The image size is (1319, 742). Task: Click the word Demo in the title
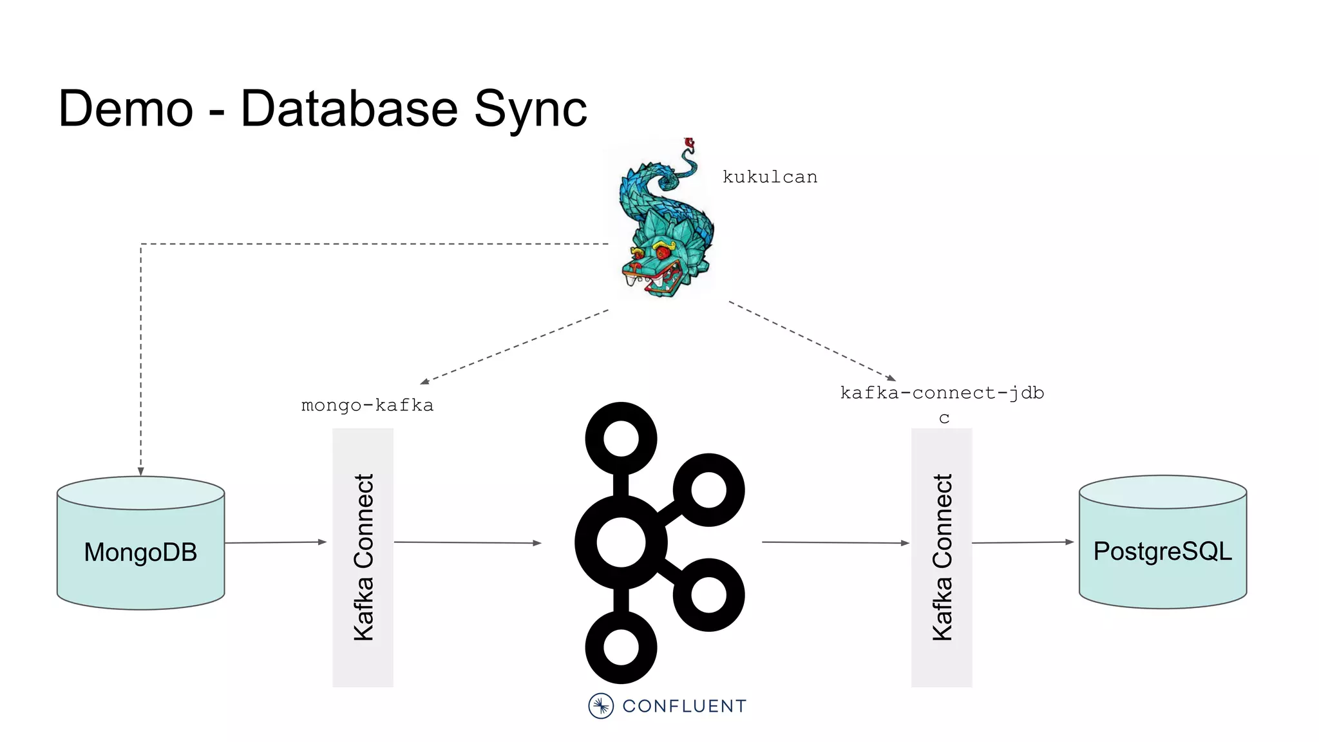point(126,108)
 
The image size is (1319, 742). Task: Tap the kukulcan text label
point(770,177)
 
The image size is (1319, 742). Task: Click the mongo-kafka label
point(367,405)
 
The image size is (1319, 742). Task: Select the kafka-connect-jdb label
point(942,393)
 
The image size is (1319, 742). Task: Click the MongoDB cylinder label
point(140,552)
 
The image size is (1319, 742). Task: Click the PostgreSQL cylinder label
point(1162,551)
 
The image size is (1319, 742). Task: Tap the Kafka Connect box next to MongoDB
point(363,557)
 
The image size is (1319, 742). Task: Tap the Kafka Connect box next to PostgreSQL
point(942,557)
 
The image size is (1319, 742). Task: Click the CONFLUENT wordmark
point(684,706)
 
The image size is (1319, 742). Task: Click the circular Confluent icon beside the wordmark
point(601,706)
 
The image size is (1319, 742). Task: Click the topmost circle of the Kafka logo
point(621,439)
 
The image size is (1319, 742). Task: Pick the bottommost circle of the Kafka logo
point(621,647)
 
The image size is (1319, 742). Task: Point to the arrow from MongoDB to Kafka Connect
point(276,542)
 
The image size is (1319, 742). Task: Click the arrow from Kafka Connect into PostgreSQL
point(1023,542)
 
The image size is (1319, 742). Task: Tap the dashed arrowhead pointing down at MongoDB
point(140,471)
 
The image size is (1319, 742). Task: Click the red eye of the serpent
point(663,253)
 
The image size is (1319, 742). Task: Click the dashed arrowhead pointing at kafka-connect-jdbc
point(891,378)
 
